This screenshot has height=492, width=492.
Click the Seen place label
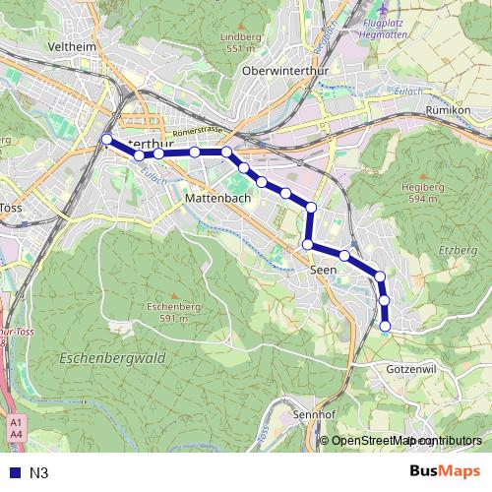(x=323, y=269)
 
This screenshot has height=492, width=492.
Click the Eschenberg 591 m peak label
(x=167, y=312)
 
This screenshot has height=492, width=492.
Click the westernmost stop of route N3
(x=107, y=139)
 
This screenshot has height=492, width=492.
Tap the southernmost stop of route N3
(x=386, y=326)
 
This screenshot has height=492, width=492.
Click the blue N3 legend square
(x=12, y=473)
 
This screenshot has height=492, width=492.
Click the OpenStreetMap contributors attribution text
(x=406, y=441)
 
